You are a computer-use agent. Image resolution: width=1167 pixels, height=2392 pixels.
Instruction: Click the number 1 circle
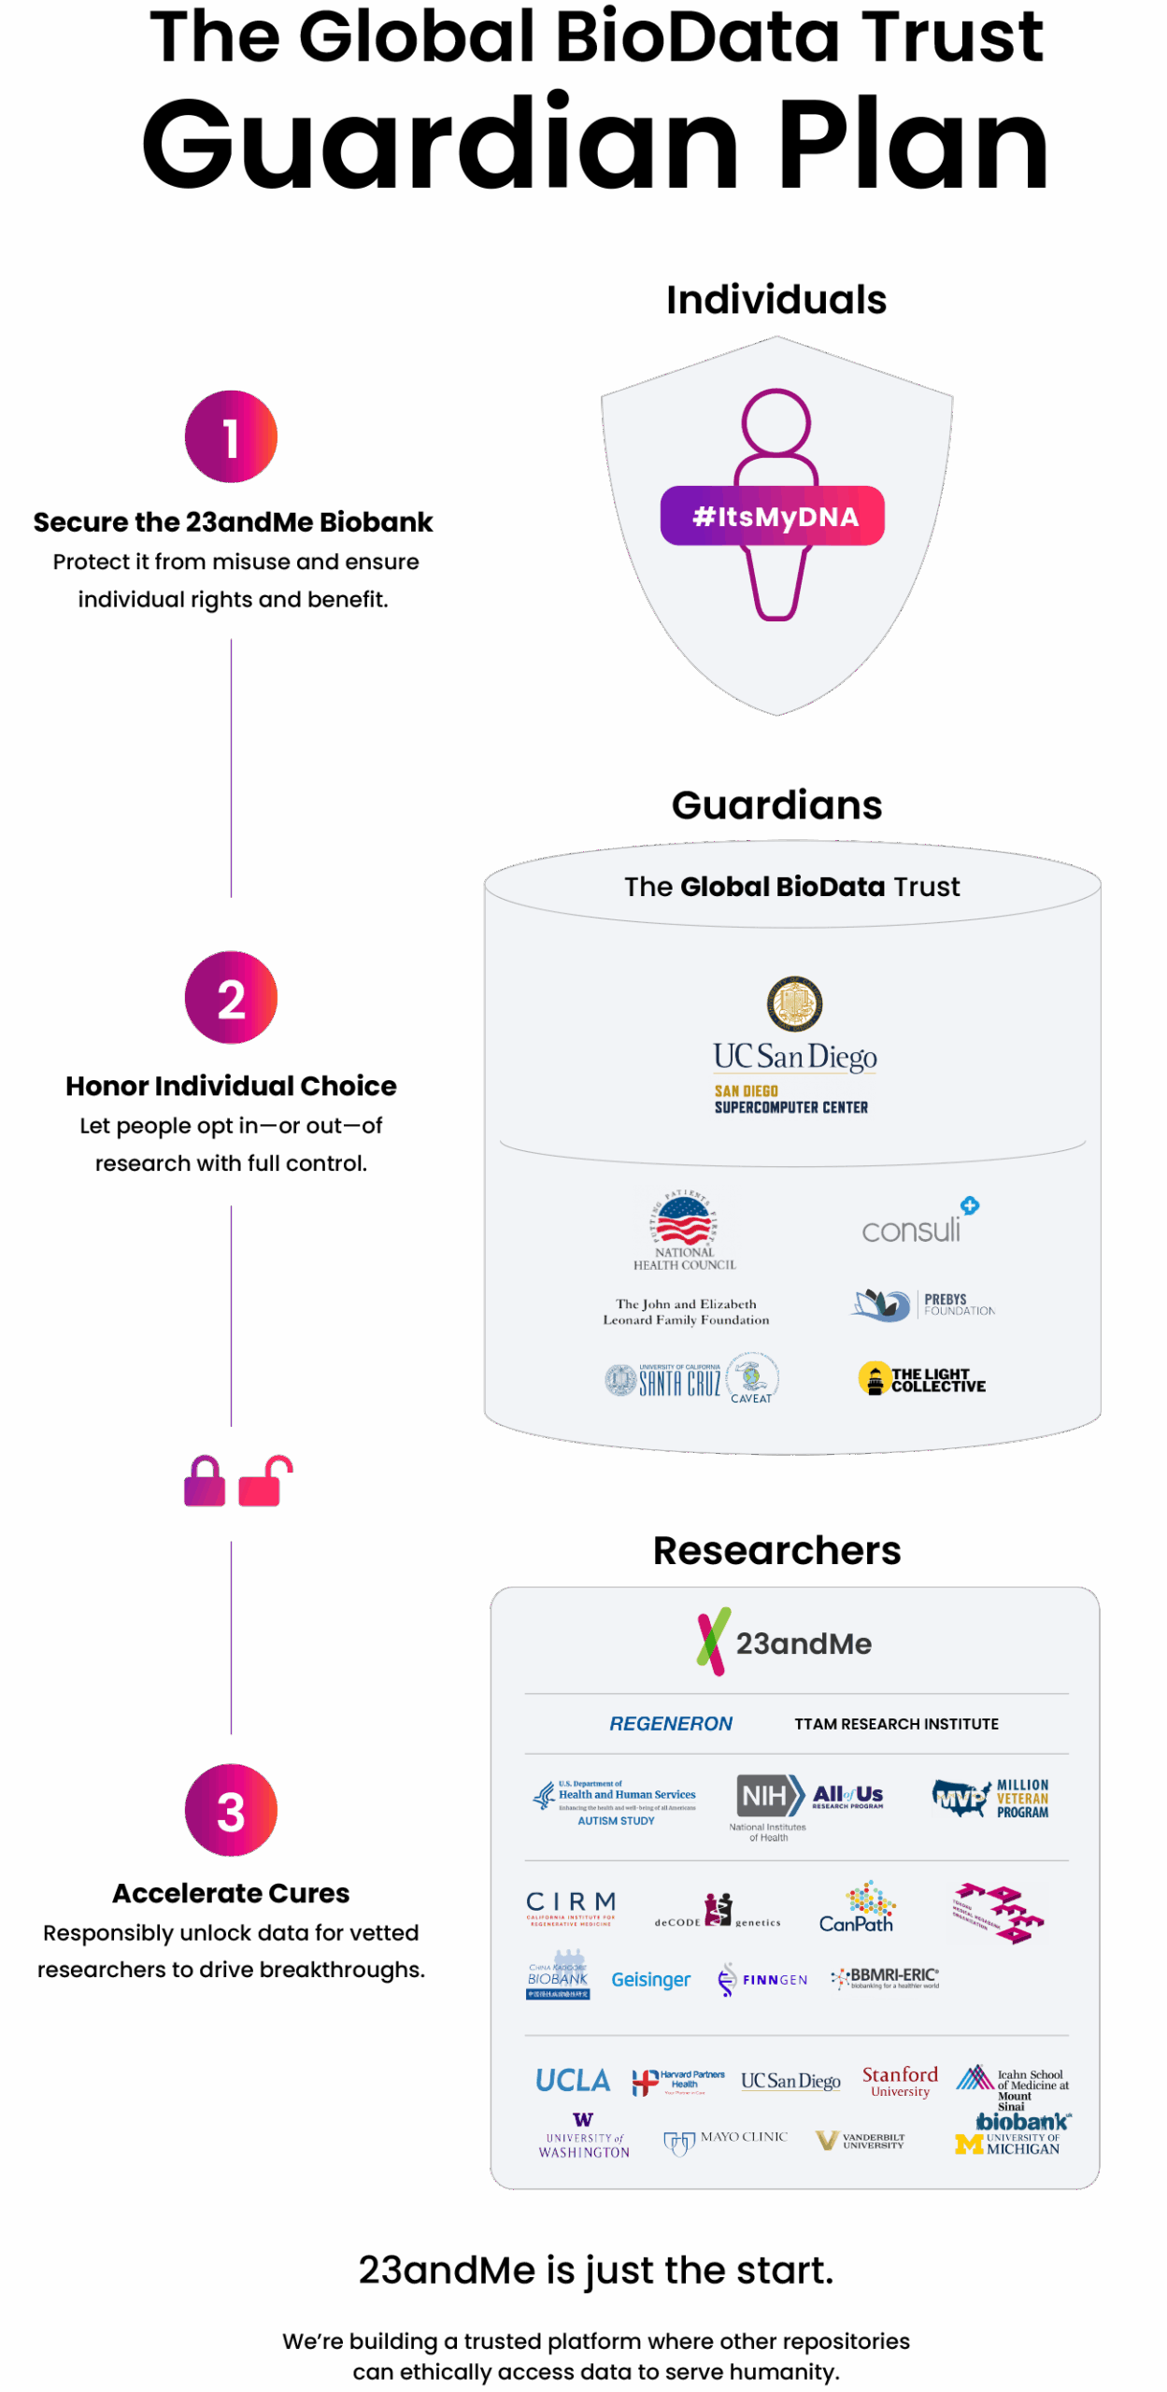click(x=231, y=436)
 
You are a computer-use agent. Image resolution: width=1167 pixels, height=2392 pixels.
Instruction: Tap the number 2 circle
click(x=231, y=997)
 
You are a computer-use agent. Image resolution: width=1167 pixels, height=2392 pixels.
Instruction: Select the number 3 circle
click(x=231, y=1810)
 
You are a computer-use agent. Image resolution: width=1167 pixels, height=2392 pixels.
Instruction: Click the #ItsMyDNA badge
click(x=773, y=516)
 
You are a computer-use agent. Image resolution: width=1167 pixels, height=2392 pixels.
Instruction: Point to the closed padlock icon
click(x=205, y=1481)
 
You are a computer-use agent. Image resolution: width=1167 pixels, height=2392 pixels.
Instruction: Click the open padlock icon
click(x=263, y=1481)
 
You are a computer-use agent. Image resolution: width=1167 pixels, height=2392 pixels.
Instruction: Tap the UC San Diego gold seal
click(x=794, y=1004)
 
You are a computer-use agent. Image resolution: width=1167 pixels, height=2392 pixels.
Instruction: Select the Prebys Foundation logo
click(x=922, y=1304)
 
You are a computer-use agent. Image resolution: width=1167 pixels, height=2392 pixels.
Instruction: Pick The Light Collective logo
click(x=922, y=1379)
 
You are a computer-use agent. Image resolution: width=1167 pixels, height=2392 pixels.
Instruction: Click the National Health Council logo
click(x=685, y=1230)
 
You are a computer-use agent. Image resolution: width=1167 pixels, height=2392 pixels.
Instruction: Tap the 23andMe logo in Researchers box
click(x=785, y=1643)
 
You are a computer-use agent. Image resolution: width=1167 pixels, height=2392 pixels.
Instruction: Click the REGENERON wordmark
click(x=671, y=1724)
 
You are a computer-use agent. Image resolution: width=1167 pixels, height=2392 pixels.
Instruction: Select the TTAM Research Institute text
click(x=896, y=1724)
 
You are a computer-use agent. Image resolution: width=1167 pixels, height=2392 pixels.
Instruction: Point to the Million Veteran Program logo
click(x=990, y=1798)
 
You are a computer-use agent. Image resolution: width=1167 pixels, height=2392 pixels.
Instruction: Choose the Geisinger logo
click(x=650, y=1979)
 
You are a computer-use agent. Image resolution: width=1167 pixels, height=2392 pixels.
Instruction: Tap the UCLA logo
click(x=573, y=2080)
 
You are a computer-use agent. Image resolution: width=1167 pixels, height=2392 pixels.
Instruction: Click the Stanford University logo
click(x=900, y=2080)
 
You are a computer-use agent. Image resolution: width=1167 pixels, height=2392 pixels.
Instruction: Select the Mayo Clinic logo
click(x=726, y=2140)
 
